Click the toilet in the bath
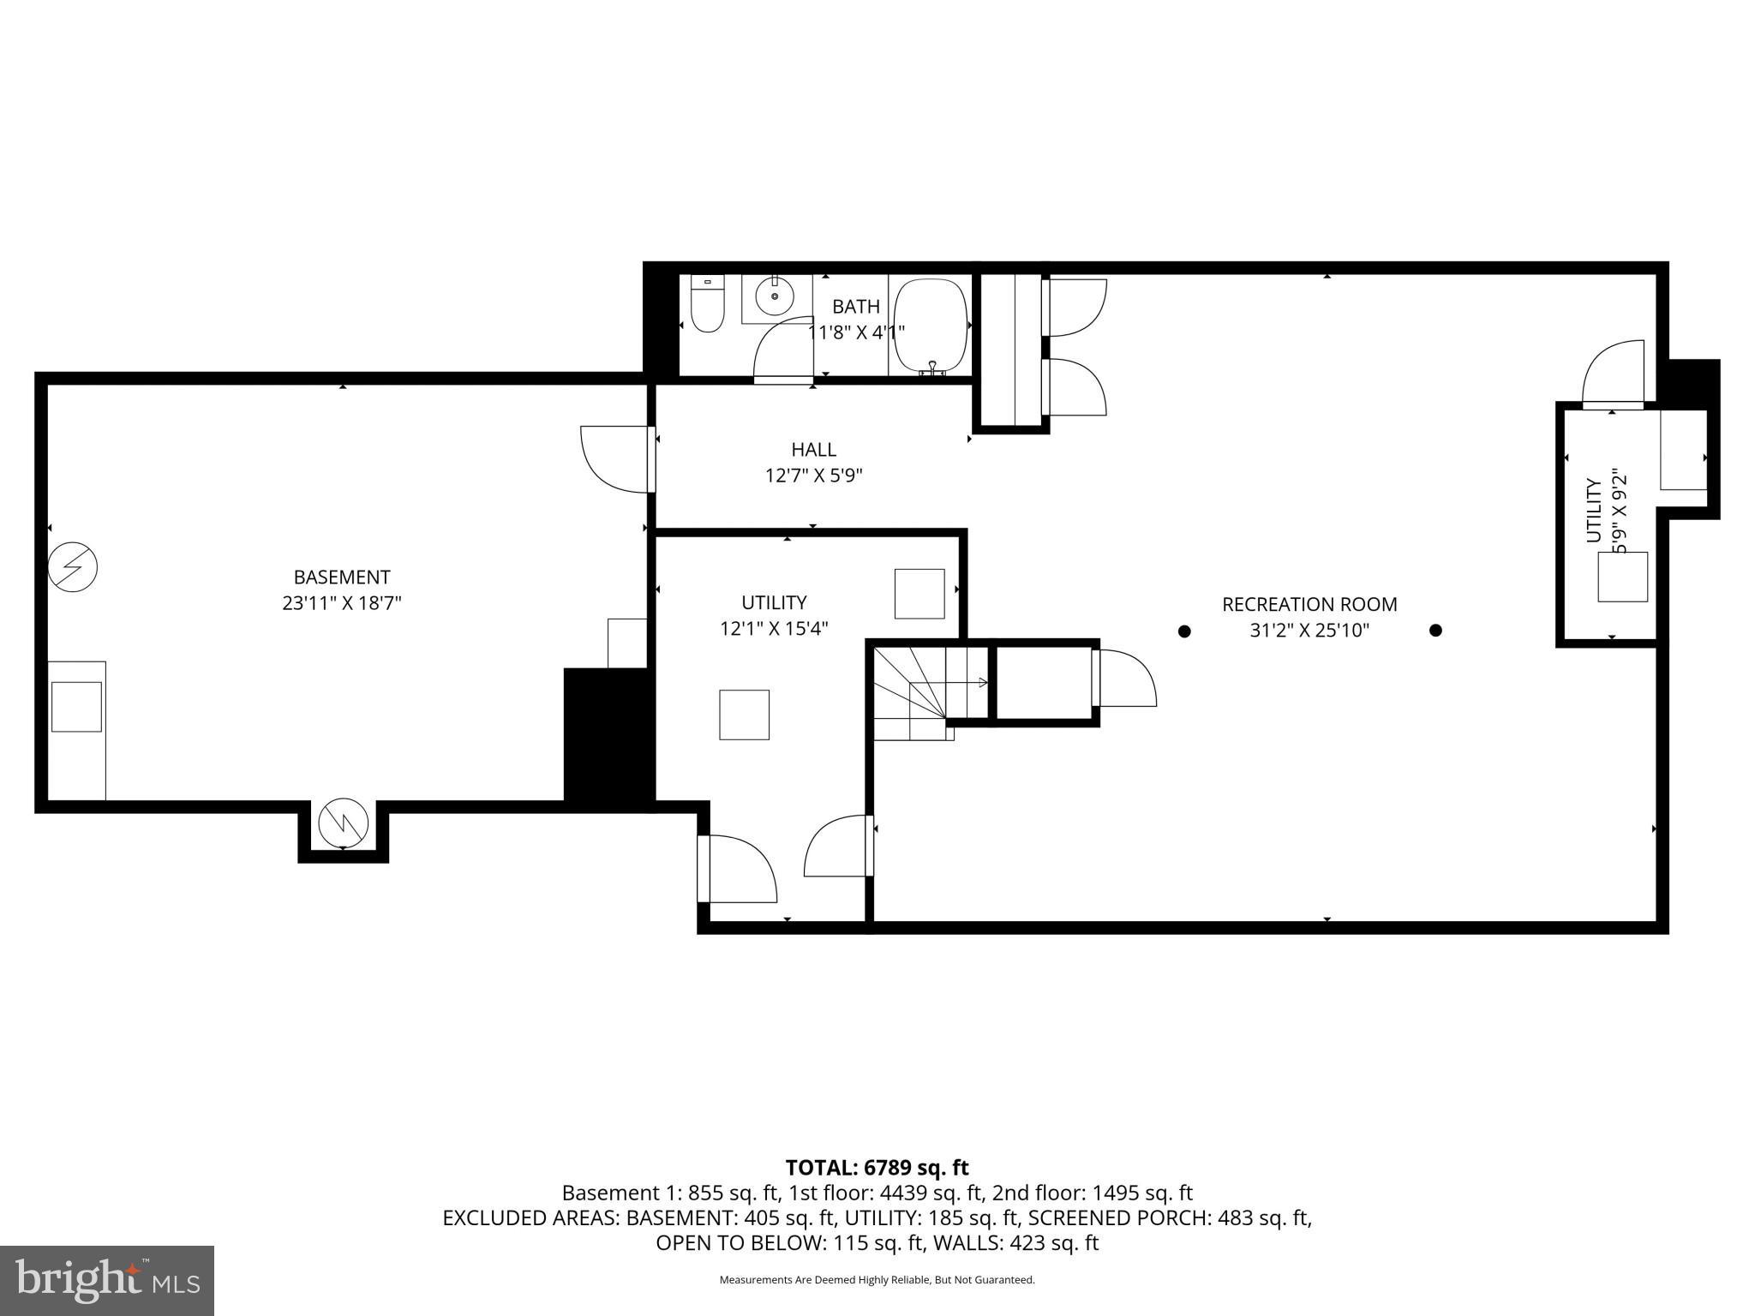coord(708,306)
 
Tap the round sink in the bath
coord(776,296)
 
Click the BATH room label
coord(855,306)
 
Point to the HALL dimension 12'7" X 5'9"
coord(813,476)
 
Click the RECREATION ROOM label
coord(1309,604)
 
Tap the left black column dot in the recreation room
coord(1184,631)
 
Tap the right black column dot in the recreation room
coord(1435,631)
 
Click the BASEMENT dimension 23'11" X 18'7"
coord(341,603)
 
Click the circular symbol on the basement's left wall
coord(73,566)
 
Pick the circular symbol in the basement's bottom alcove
coord(343,823)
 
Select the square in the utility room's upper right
coord(919,594)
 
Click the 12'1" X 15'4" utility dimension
coord(773,629)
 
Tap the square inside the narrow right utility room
coord(1622,577)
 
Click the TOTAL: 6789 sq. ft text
coord(877,1168)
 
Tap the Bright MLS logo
coord(107,1280)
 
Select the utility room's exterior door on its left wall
coord(737,868)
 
